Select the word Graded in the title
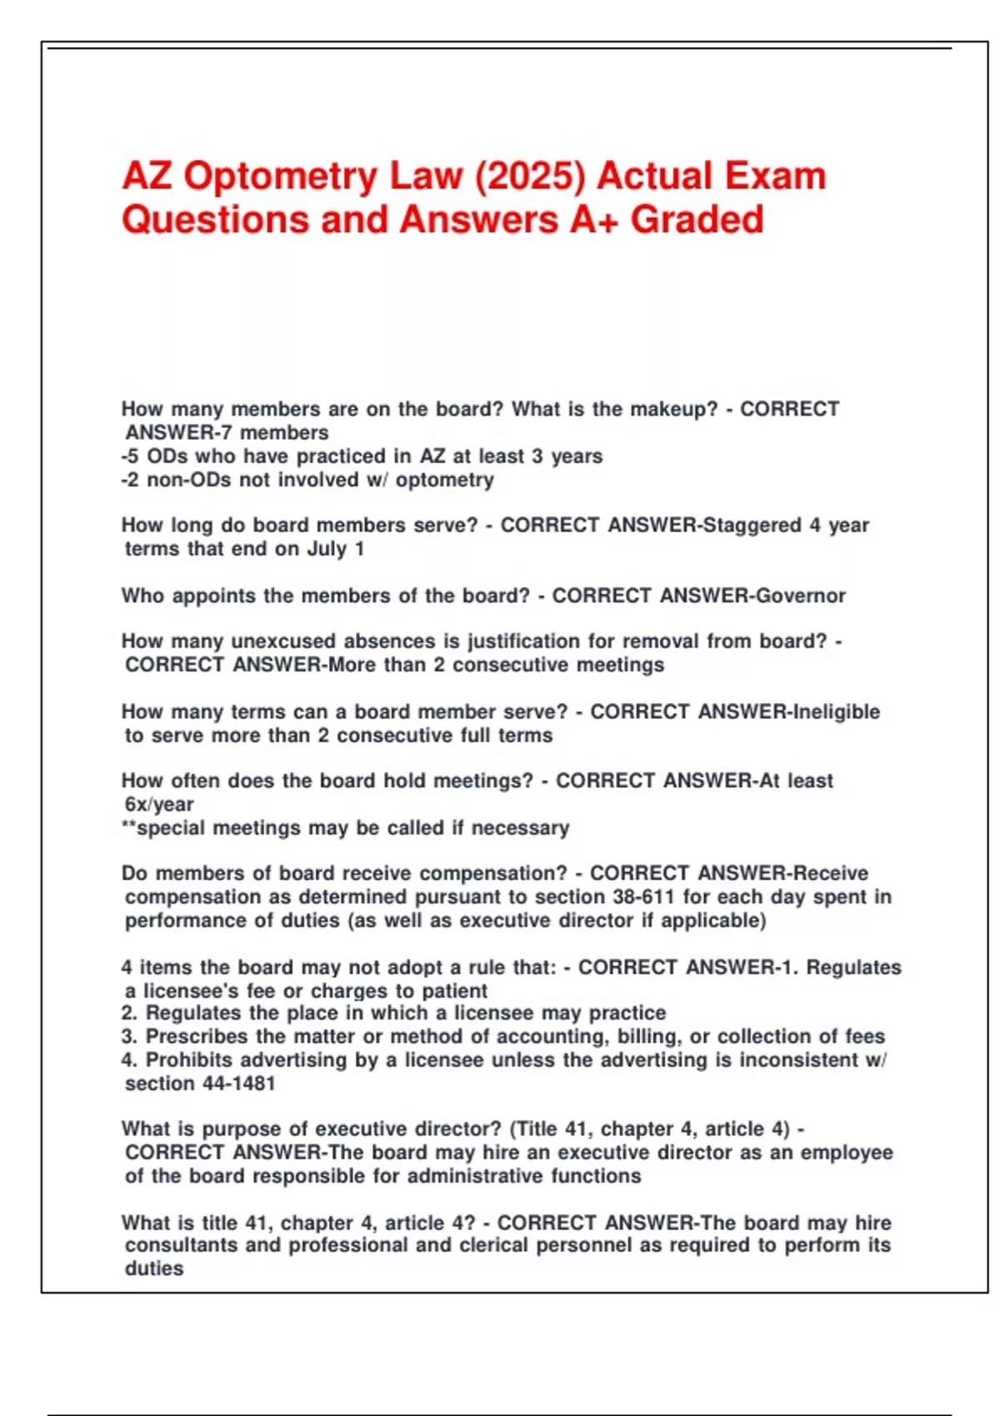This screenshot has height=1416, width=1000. (x=697, y=220)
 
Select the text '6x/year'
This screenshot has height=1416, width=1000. (x=159, y=805)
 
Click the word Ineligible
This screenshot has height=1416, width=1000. (x=836, y=712)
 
